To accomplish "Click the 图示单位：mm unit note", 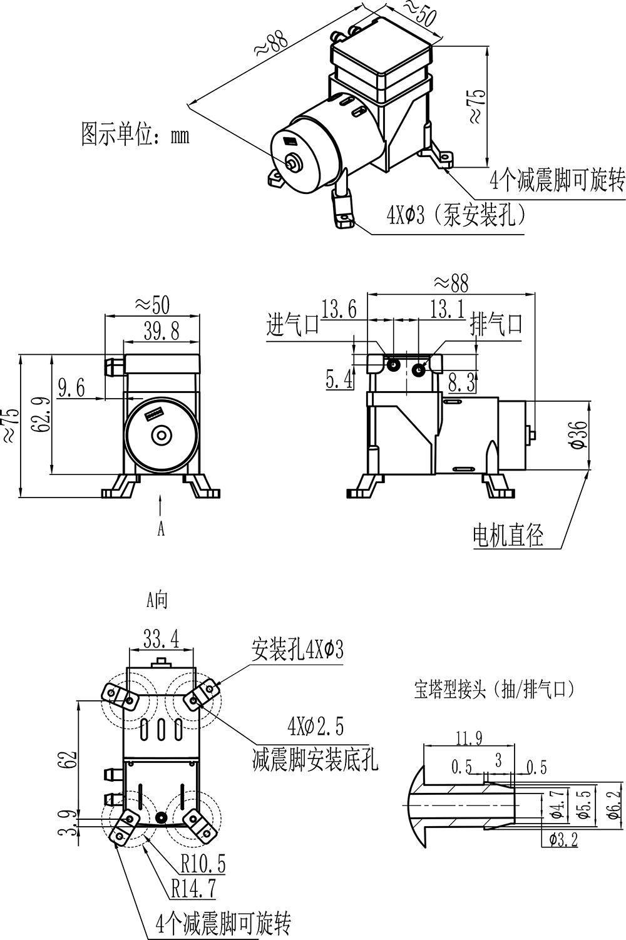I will click(x=135, y=134).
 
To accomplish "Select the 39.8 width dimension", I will click(x=162, y=332).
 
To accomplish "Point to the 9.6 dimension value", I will click(x=71, y=388).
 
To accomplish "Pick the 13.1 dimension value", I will click(x=446, y=309).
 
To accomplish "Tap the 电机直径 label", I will click(x=508, y=536).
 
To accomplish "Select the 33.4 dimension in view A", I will click(x=162, y=639).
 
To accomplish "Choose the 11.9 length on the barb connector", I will click(x=469, y=738).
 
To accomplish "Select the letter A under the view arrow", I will click(x=161, y=529).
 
